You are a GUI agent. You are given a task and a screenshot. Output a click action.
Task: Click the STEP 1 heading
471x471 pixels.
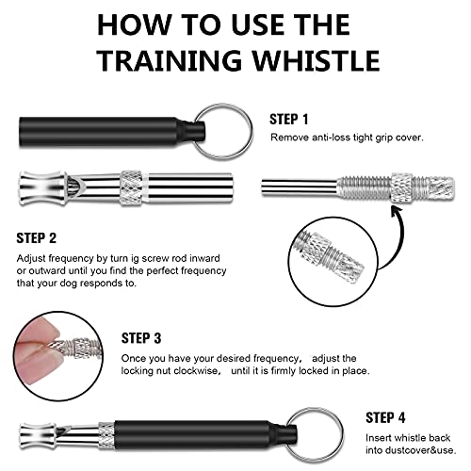tap(289, 120)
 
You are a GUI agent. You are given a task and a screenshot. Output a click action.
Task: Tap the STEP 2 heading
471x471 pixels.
tap(37, 238)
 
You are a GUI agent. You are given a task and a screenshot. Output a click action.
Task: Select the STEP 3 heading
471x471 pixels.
tap(141, 338)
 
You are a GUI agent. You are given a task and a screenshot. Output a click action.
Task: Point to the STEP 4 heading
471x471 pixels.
tap(385, 417)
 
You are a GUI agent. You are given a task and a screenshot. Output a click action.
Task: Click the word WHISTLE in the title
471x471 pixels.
tap(317, 59)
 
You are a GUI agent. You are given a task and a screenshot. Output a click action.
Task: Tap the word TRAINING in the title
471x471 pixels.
tap(169, 59)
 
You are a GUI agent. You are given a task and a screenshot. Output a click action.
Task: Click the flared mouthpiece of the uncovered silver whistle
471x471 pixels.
tap(42, 188)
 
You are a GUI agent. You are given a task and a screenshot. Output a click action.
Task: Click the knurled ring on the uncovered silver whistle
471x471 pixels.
tap(131, 188)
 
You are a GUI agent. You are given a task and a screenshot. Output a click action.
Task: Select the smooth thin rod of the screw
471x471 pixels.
tap(300, 187)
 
